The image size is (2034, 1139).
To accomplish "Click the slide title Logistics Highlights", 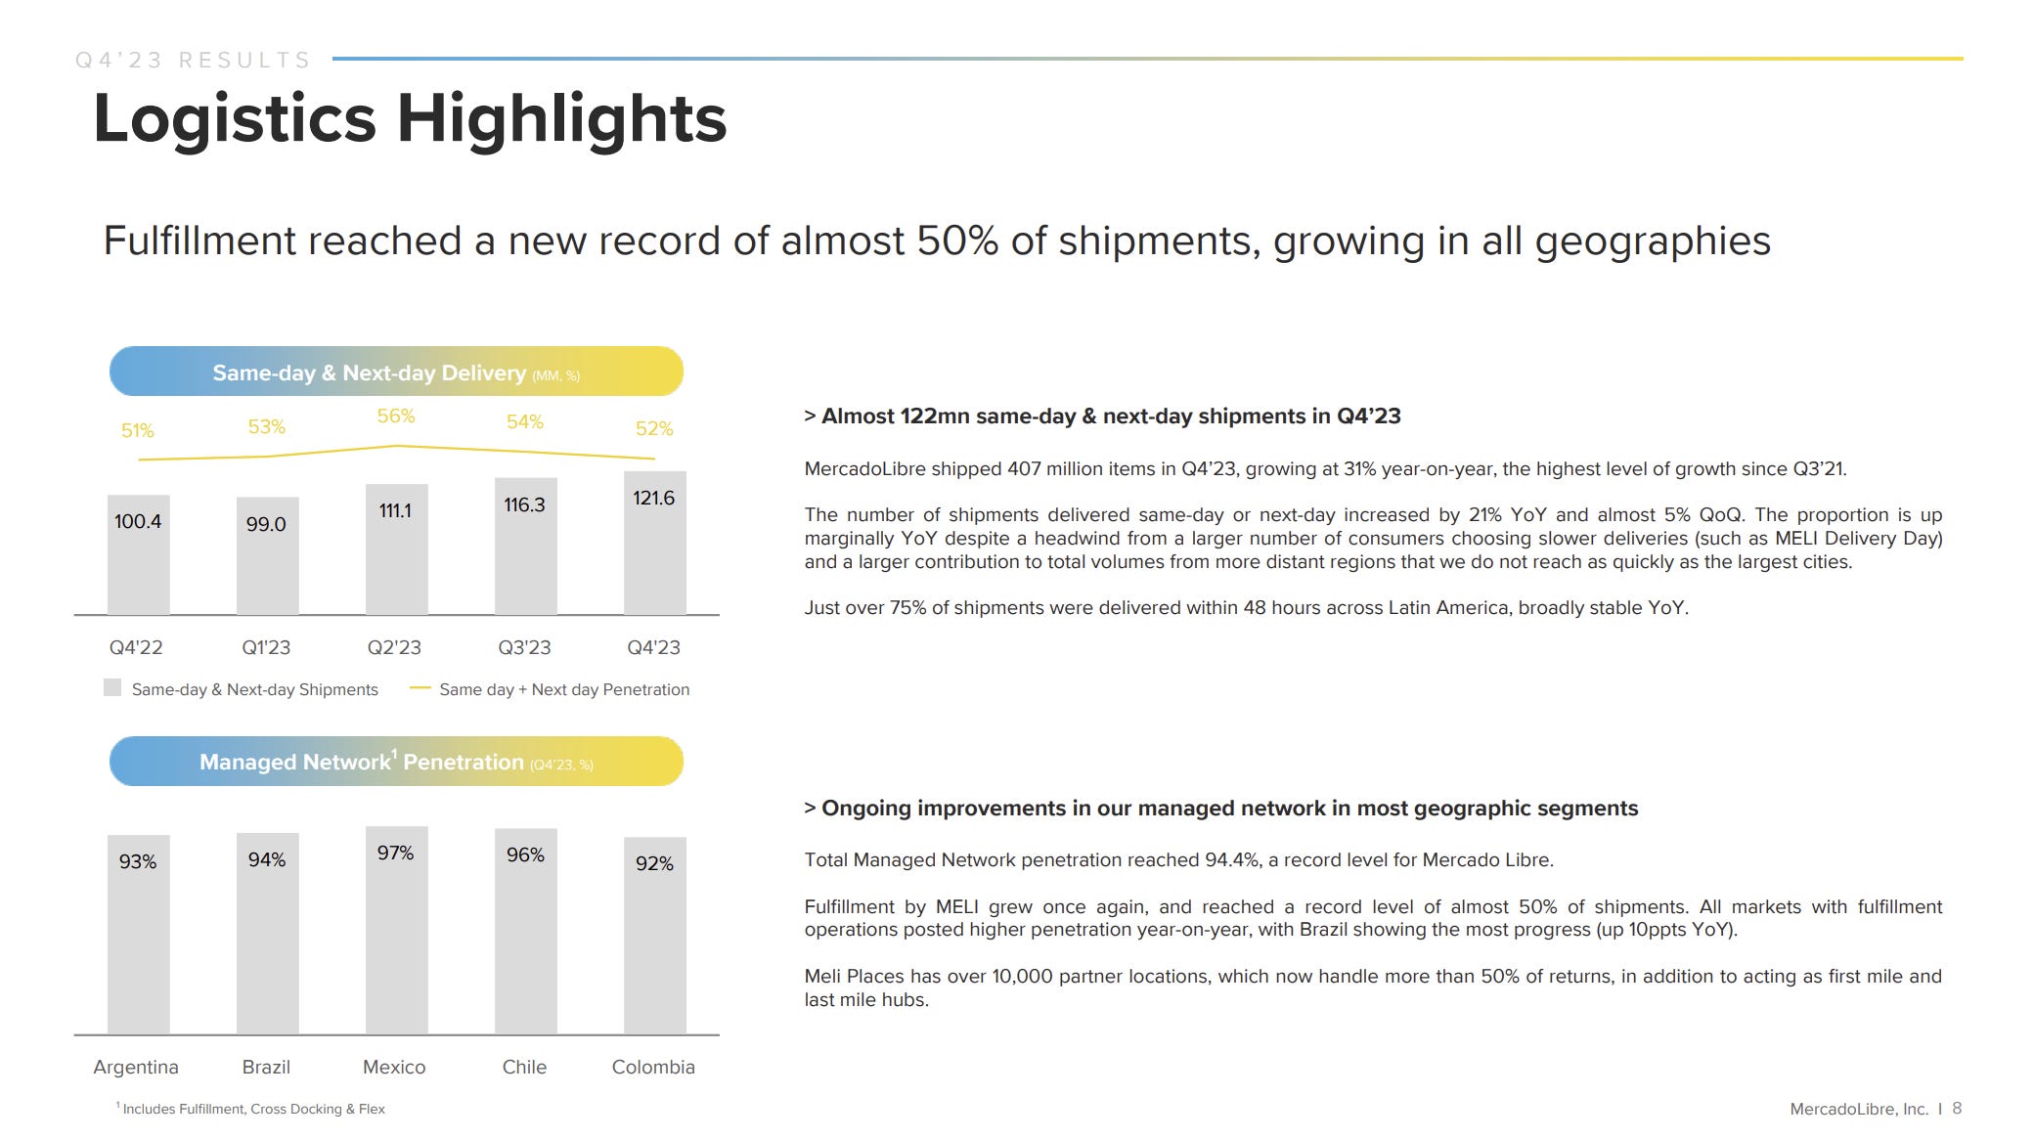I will click(410, 118).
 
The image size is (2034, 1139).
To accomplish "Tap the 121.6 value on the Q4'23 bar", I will click(653, 498).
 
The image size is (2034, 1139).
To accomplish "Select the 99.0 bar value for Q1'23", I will click(266, 524).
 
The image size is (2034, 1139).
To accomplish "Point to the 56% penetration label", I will click(396, 416).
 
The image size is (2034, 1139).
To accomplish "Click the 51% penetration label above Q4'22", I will click(138, 430).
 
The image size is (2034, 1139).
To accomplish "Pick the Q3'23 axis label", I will click(524, 647).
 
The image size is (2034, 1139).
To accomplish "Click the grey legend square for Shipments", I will click(112, 688).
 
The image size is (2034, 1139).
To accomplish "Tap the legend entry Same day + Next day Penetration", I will click(563, 689).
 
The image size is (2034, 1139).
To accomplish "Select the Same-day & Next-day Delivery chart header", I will click(396, 372).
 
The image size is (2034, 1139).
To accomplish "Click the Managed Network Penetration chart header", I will click(396, 762).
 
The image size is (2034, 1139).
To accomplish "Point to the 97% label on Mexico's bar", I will click(396, 853).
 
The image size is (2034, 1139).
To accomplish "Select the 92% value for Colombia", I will click(654, 863).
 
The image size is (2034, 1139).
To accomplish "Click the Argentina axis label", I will click(136, 1067).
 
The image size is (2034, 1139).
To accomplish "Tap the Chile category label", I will click(524, 1067).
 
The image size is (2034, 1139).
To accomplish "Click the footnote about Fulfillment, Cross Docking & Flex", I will click(252, 1109).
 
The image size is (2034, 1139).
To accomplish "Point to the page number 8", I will click(1957, 1108).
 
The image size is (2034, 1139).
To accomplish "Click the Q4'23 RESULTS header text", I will click(193, 61).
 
